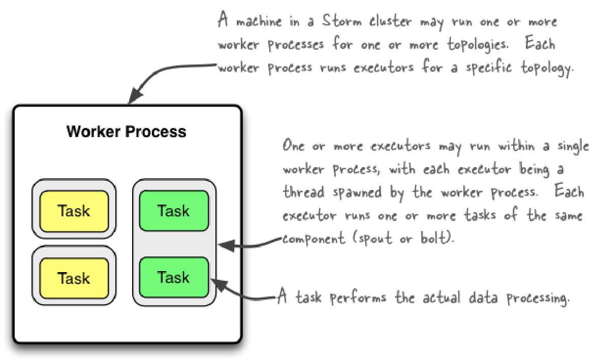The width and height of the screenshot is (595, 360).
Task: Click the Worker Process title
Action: coord(127,132)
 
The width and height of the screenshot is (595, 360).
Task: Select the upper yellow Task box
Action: coord(74,211)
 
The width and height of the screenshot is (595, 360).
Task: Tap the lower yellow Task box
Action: coord(74,278)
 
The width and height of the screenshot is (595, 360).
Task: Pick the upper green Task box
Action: coord(173,210)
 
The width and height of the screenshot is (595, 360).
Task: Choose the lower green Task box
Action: coord(173,277)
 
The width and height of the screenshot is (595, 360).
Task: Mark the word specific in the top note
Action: coord(483,68)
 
